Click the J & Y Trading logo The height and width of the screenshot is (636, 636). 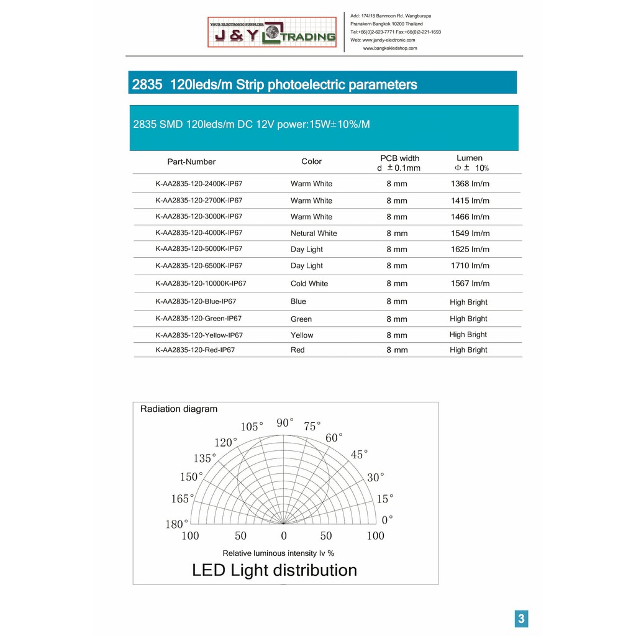click(272, 33)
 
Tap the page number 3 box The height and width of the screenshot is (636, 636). click(521, 618)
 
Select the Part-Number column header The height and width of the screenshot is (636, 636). click(191, 161)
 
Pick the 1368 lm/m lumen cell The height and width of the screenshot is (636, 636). click(470, 184)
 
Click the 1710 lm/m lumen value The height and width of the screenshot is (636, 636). click(470, 266)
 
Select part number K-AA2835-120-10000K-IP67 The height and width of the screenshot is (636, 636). click(201, 283)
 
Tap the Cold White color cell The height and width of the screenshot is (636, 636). click(309, 284)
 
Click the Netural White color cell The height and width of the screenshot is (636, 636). click(314, 234)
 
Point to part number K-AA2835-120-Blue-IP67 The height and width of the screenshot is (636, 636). click(196, 301)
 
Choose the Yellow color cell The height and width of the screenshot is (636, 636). click(302, 335)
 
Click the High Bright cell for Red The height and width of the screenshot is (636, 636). click(468, 350)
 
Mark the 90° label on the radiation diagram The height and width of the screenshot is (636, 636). click(285, 423)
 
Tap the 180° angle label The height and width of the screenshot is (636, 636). click(176, 524)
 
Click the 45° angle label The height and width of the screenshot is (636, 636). click(359, 455)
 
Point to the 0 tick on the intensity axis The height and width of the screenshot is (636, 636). click(284, 536)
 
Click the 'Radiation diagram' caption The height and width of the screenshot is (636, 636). click(179, 409)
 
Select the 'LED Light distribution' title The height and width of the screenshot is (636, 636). click(275, 570)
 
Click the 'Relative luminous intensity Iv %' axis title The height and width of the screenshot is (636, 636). click(278, 553)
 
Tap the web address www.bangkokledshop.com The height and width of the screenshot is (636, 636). click(390, 48)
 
